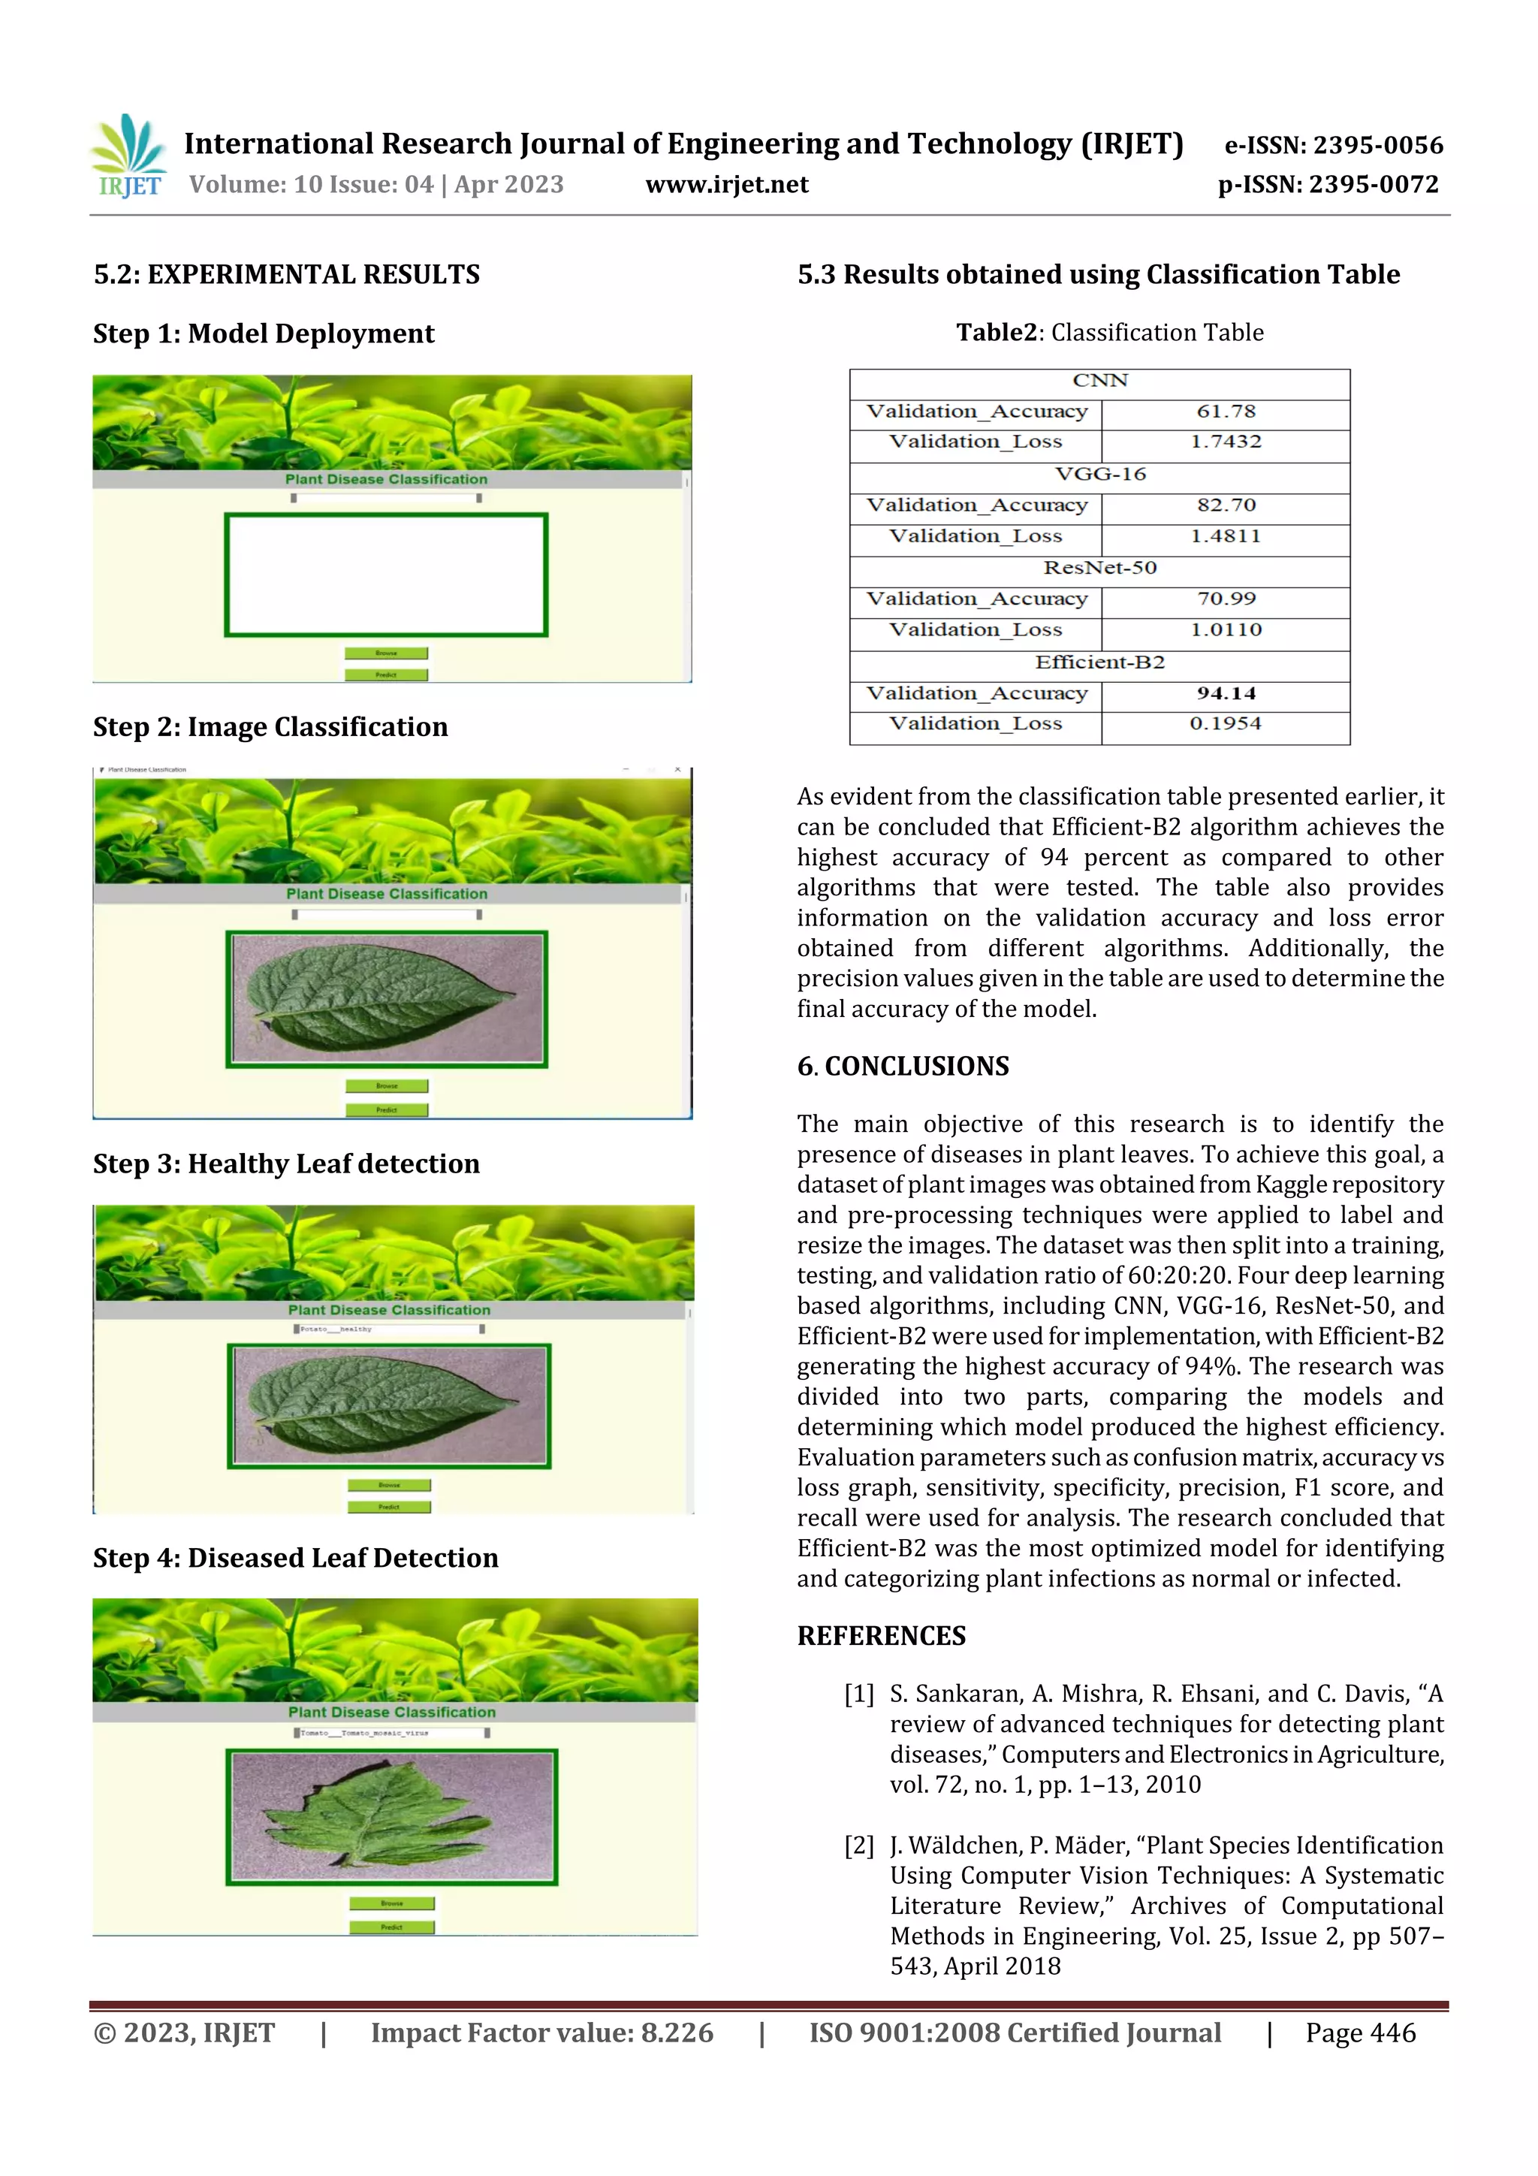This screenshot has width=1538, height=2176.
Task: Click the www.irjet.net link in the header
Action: (x=727, y=185)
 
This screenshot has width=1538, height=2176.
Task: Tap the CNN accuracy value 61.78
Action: (x=1226, y=412)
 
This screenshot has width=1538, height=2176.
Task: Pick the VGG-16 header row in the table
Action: (x=1099, y=474)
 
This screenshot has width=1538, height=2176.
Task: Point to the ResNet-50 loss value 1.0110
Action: (x=1226, y=630)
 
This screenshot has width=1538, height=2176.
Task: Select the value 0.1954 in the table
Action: (x=1226, y=724)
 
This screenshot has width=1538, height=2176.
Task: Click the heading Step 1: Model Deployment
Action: (x=264, y=333)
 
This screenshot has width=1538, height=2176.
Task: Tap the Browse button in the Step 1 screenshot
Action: (x=386, y=653)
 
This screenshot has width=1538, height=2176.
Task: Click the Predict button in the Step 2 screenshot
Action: (x=387, y=1109)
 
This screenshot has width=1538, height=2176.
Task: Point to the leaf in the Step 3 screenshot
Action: (x=388, y=1404)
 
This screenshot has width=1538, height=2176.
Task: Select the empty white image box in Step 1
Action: (x=386, y=575)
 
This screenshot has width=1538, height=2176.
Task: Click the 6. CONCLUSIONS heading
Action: (x=903, y=1066)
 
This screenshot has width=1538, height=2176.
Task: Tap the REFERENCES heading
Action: (x=882, y=1636)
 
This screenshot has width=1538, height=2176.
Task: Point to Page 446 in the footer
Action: (x=1360, y=2032)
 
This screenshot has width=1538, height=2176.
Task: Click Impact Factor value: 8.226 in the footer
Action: (x=541, y=2032)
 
